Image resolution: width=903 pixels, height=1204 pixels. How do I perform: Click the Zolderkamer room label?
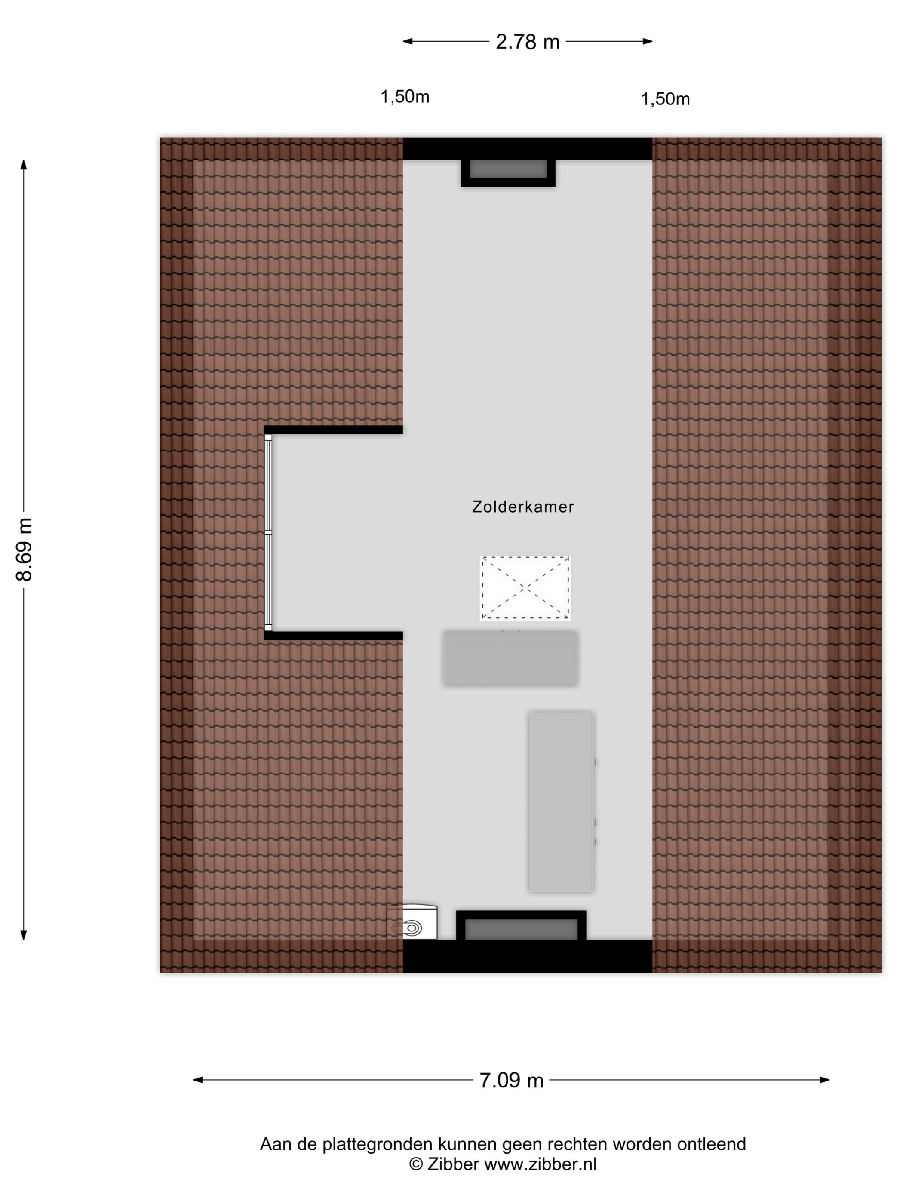(x=522, y=507)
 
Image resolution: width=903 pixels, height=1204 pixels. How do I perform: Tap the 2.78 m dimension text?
(x=528, y=42)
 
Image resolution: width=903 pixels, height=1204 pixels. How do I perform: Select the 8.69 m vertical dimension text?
(x=25, y=550)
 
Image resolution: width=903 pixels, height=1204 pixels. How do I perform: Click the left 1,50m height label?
(x=405, y=97)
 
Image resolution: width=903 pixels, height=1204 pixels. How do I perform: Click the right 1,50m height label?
(x=665, y=99)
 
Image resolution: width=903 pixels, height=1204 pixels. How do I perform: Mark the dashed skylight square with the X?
(x=525, y=588)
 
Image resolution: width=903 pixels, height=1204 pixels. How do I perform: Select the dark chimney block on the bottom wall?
(x=521, y=925)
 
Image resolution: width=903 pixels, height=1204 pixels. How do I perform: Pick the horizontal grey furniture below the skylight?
(x=510, y=658)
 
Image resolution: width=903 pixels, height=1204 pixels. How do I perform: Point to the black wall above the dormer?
(x=333, y=430)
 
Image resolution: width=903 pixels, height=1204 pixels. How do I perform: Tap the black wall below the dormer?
(x=333, y=635)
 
